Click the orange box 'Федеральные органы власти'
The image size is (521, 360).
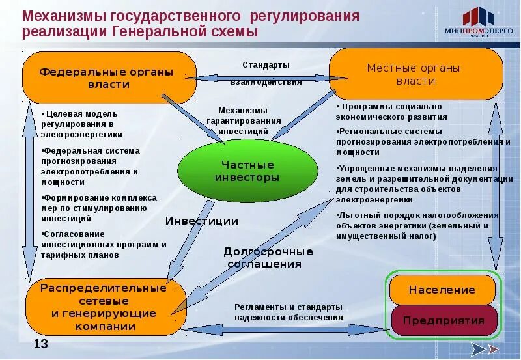[108, 77]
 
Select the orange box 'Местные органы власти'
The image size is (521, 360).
[415, 74]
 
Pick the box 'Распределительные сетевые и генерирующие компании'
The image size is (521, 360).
[105, 307]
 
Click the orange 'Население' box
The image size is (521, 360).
[442, 290]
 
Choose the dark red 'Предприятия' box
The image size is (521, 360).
[444, 320]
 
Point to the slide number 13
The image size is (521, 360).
[41, 344]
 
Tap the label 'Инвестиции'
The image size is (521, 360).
[201, 221]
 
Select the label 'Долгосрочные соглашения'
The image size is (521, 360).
[268, 258]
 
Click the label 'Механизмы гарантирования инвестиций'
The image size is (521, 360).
[243, 121]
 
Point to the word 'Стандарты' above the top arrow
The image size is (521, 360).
[266, 65]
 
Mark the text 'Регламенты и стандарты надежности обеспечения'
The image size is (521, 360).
[288, 312]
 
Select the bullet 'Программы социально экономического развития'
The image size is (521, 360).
[391, 111]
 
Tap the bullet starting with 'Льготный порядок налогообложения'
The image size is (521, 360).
[417, 225]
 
